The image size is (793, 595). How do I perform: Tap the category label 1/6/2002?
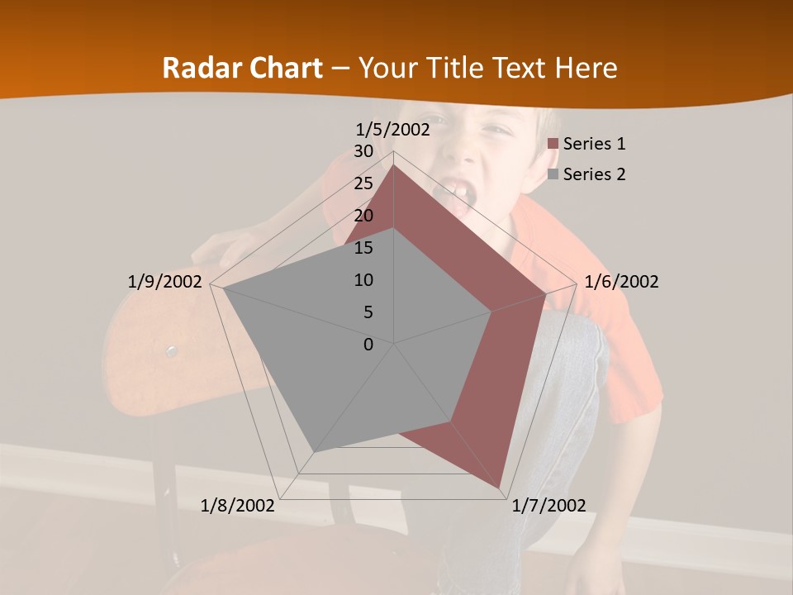[621, 282]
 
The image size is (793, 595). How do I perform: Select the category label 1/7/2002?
[548, 505]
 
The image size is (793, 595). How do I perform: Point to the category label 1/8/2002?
[238, 505]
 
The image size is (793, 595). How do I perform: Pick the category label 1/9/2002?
[164, 282]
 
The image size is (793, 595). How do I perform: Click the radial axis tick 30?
[363, 151]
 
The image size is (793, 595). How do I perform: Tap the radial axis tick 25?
[363, 183]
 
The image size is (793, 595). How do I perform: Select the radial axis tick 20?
[363, 216]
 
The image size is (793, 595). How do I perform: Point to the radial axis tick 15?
[363, 248]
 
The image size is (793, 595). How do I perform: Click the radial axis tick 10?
[363, 280]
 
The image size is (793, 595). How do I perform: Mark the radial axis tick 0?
[368, 345]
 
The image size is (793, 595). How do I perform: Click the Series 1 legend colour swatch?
[553, 144]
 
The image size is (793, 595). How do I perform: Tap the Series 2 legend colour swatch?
[553, 174]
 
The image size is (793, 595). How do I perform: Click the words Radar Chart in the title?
[242, 68]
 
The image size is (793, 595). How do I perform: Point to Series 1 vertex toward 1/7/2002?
[501, 488]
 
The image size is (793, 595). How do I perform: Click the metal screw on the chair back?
[172, 352]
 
